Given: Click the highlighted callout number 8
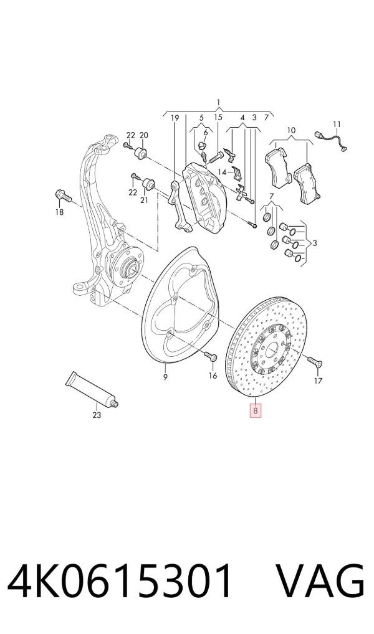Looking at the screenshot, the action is (x=256, y=411).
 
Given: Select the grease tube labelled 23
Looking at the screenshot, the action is (x=92, y=389).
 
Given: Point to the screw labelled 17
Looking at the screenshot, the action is (x=315, y=361).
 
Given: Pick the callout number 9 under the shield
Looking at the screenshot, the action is (x=165, y=377).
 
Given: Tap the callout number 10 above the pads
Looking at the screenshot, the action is (x=292, y=131).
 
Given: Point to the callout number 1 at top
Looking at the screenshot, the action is (x=219, y=102).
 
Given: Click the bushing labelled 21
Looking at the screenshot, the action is (x=148, y=184).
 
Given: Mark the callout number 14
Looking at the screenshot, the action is (x=222, y=173).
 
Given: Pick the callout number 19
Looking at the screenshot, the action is (x=175, y=118).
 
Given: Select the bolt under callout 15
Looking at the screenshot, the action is (x=216, y=154).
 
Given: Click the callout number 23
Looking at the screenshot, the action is (x=97, y=415).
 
